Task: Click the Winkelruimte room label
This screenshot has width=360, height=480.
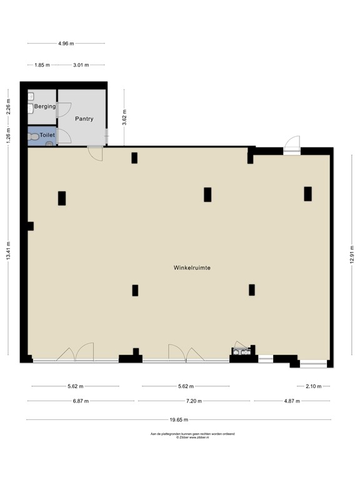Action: [192, 267]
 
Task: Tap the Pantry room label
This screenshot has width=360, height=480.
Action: [84, 119]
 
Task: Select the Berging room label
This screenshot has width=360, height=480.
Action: [45, 106]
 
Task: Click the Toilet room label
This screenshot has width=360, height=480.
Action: [47, 135]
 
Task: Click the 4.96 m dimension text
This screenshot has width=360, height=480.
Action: [66, 44]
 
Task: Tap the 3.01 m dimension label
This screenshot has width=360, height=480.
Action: [81, 65]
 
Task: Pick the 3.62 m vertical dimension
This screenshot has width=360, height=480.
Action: [124, 117]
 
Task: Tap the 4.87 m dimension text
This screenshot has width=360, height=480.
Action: [292, 401]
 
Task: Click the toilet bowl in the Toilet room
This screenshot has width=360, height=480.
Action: [34, 136]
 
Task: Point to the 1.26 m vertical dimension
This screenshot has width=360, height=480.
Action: [8, 136]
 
